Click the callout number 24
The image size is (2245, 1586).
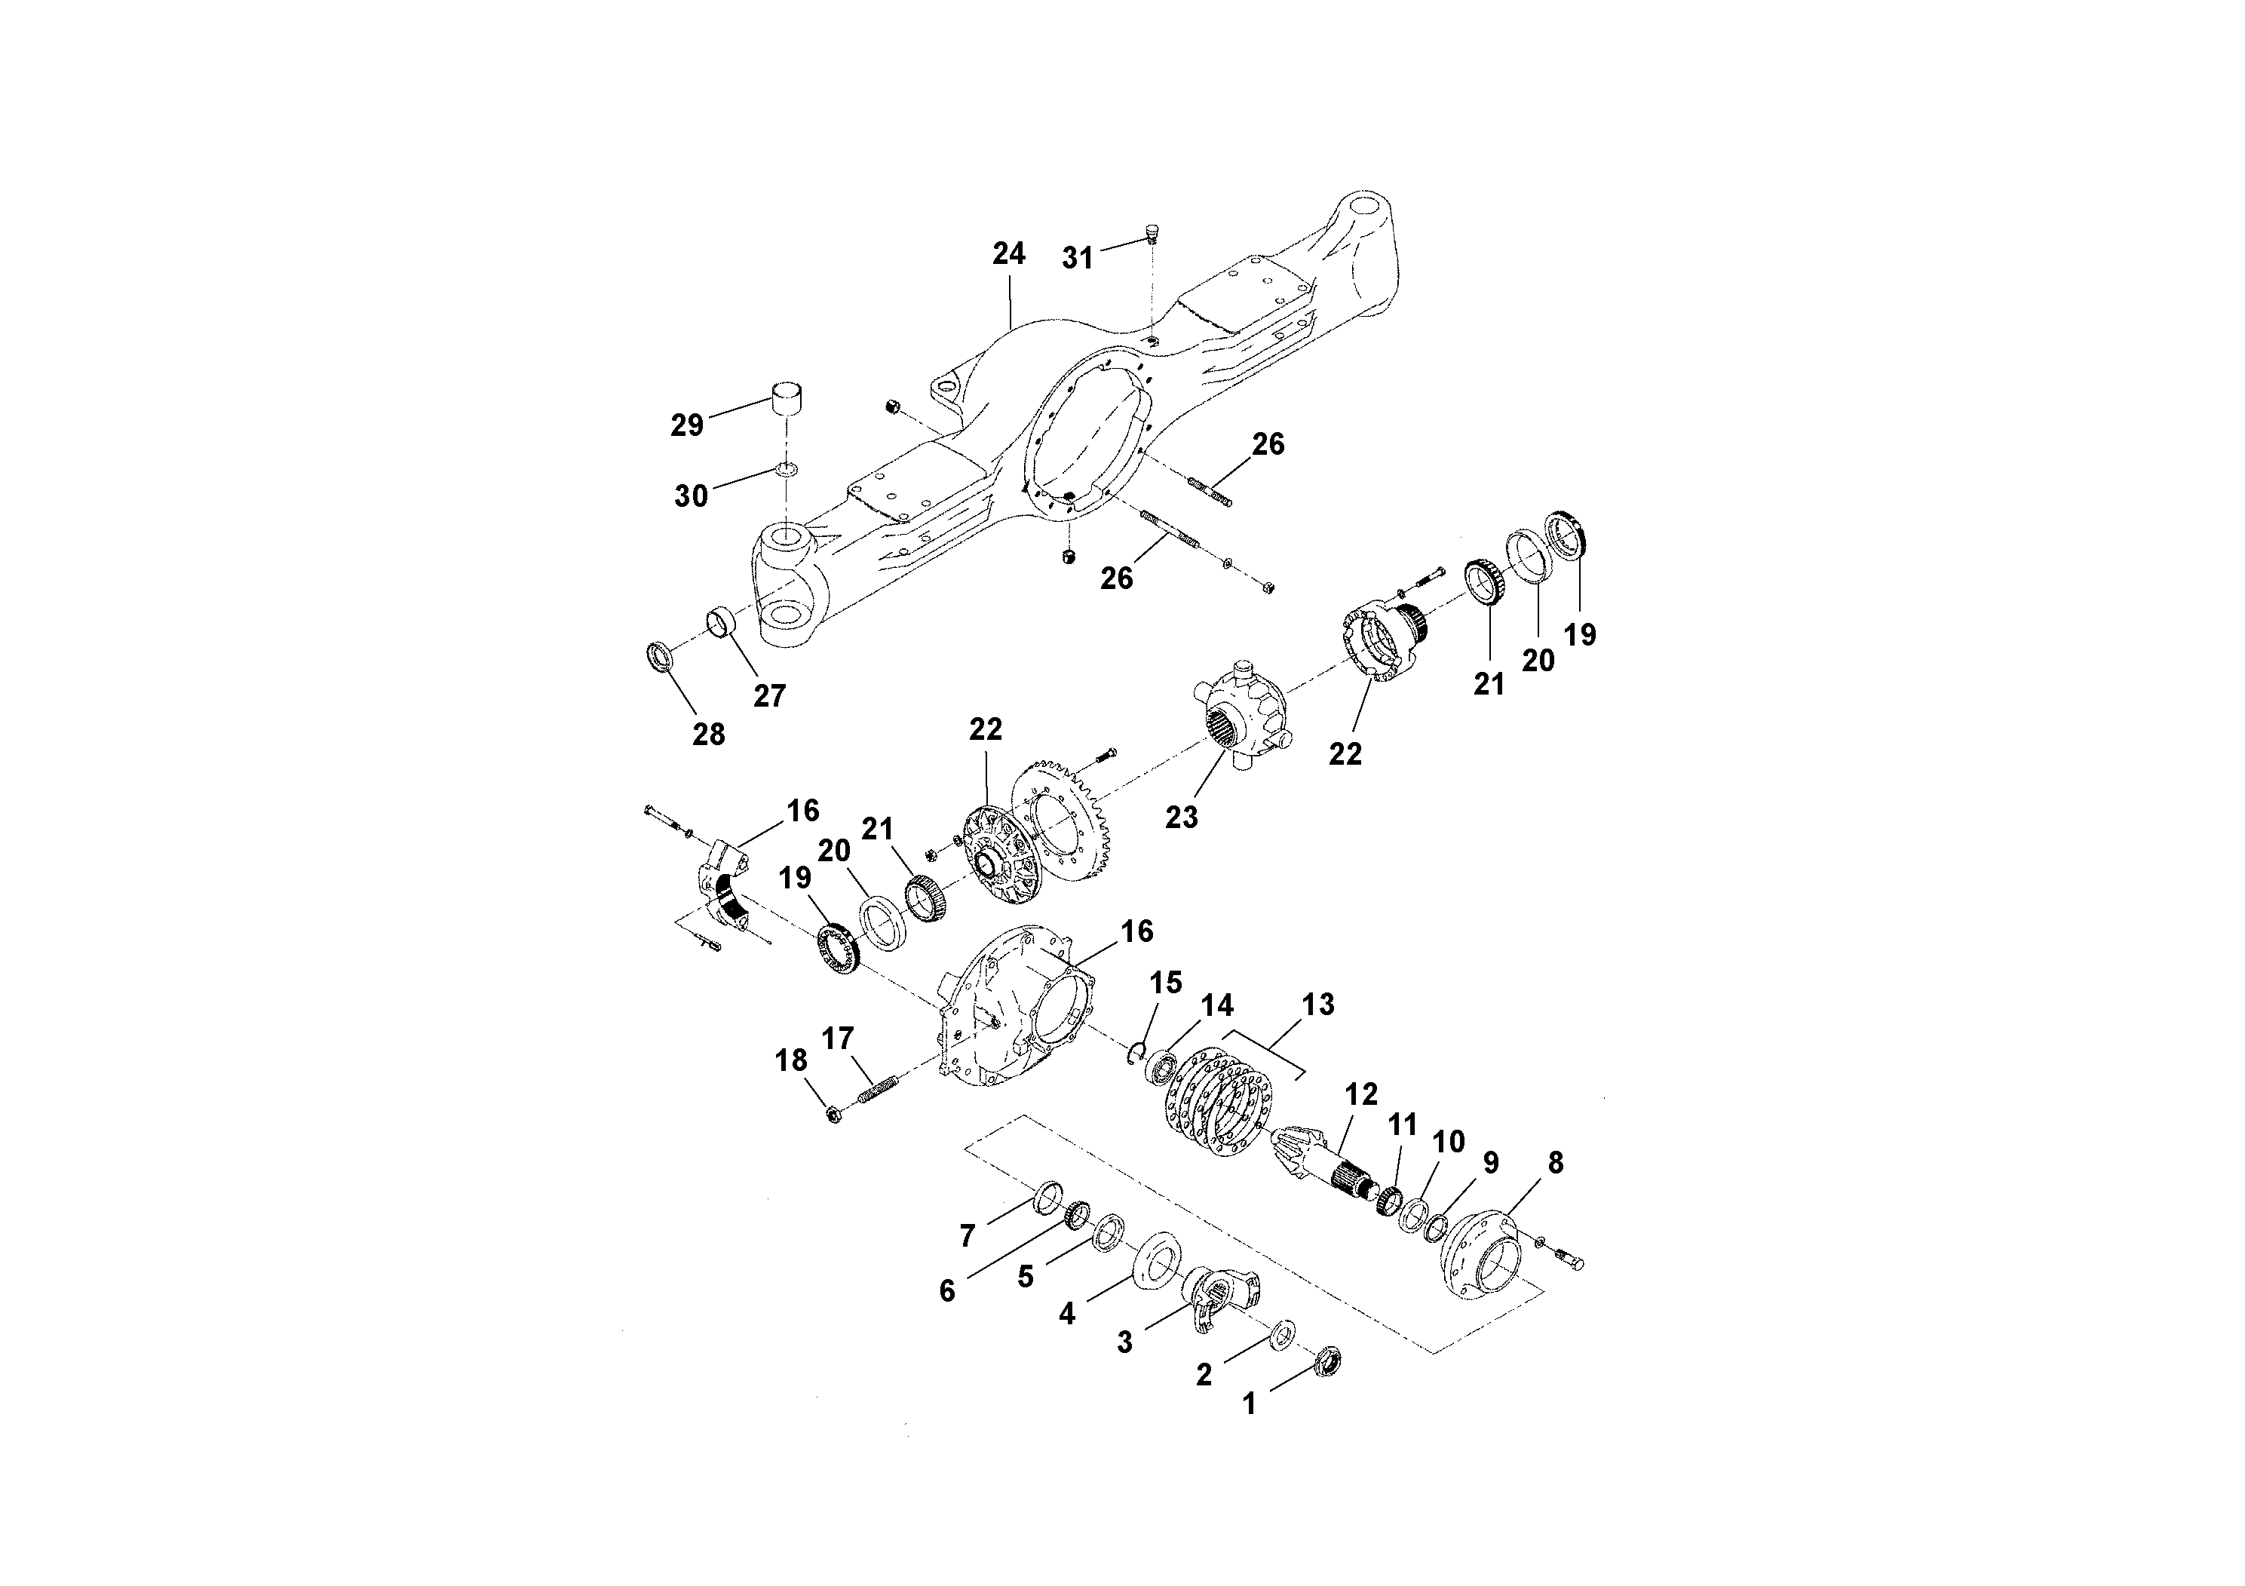pos(1008,254)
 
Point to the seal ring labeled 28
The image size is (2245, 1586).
pos(662,656)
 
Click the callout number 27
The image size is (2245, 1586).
pos(769,696)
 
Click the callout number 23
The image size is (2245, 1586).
pos(1181,817)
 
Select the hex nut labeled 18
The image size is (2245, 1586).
pos(834,1114)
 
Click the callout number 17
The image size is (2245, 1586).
pos(838,1038)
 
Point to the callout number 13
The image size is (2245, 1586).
pos(1317,1005)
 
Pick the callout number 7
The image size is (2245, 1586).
pos(967,1237)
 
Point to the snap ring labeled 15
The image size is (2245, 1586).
pos(1135,1053)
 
